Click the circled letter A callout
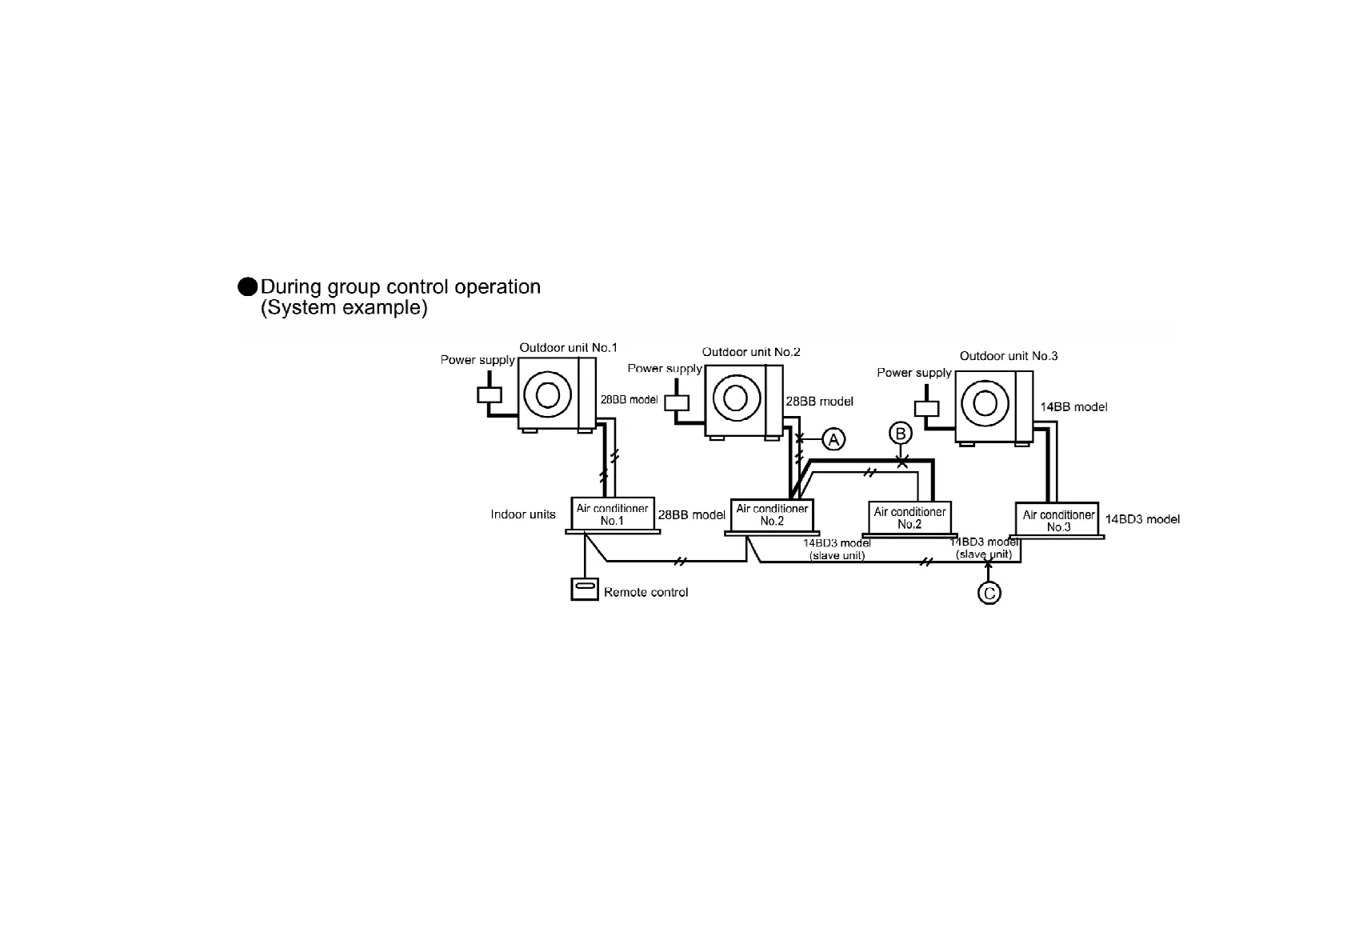(834, 438)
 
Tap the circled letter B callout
(901, 434)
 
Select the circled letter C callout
(989, 593)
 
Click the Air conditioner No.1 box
(612, 514)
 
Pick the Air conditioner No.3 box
(1058, 520)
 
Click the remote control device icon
(585, 590)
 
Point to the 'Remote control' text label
(646, 593)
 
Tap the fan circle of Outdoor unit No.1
(548, 394)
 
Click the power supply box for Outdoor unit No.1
(489, 394)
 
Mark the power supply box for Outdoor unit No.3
(926, 408)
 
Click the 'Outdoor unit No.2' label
(751, 352)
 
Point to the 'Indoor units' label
(523, 514)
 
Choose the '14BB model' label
(1073, 407)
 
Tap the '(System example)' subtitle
(344, 308)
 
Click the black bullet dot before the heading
(248, 287)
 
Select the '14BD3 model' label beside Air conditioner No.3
(1142, 519)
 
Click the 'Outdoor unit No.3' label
(1008, 356)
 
